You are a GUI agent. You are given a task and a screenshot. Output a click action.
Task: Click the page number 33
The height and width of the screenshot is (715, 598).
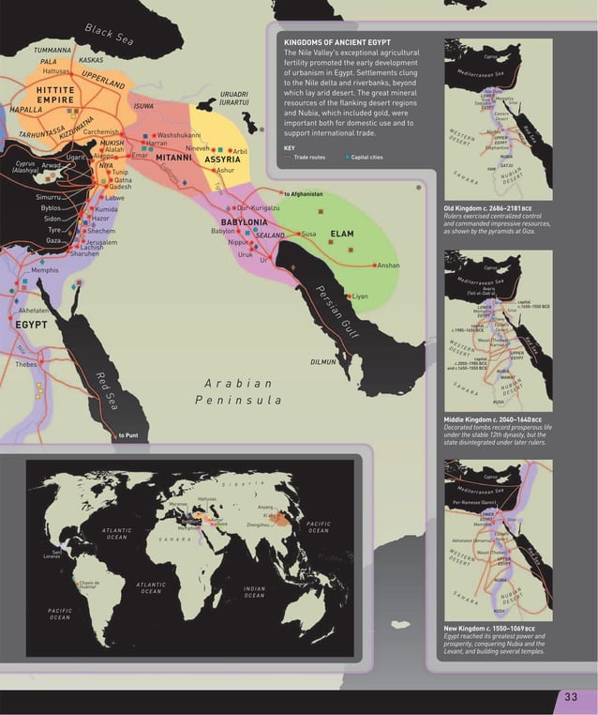[571, 695]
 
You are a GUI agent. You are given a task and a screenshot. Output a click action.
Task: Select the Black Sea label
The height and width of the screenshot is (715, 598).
[110, 34]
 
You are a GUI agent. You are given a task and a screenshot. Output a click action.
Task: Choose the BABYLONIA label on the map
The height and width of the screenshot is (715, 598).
[245, 221]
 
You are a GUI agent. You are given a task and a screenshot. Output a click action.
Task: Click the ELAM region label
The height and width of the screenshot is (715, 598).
[340, 234]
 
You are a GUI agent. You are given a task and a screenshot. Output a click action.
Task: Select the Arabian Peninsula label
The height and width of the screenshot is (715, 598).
[238, 392]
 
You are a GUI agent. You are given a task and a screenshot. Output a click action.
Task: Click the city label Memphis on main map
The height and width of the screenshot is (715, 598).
[45, 270]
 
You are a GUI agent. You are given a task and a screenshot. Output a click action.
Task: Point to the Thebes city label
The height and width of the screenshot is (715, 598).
[25, 364]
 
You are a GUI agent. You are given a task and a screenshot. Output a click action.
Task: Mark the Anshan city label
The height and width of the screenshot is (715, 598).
[389, 266]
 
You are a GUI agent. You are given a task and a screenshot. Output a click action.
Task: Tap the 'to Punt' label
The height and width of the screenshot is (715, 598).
[128, 435]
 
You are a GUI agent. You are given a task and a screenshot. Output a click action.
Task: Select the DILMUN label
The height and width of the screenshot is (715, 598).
[322, 361]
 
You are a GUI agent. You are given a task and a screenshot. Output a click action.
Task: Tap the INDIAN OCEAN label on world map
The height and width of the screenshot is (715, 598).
[254, 592]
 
